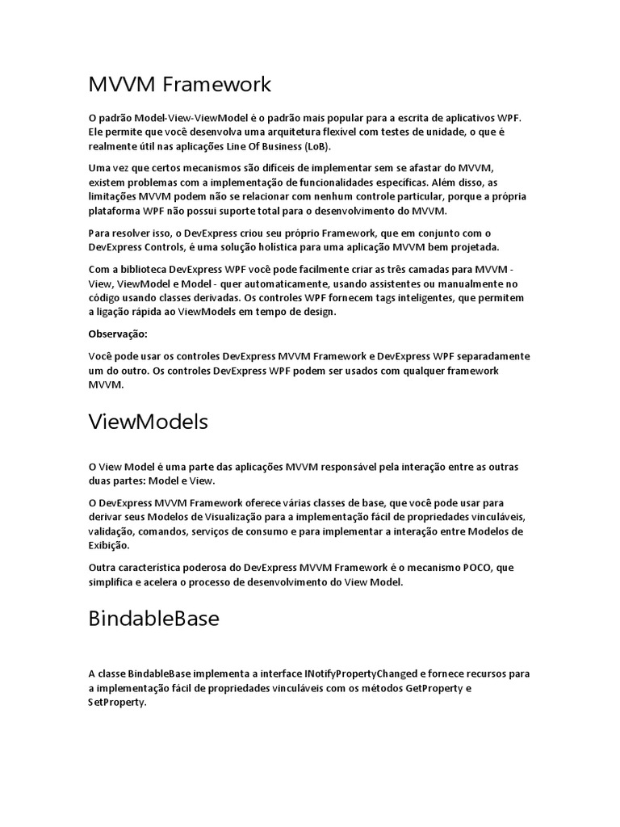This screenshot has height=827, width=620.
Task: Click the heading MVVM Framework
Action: pyautogui.click(x=179, y=84)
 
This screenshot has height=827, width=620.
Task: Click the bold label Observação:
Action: pyautogui.click(x=119, y=334)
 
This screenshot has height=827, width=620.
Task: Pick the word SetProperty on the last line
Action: pyautogui.click(x=118, y=703)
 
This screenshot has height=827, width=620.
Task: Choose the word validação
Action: pyautogui.click(x=111, y=531)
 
